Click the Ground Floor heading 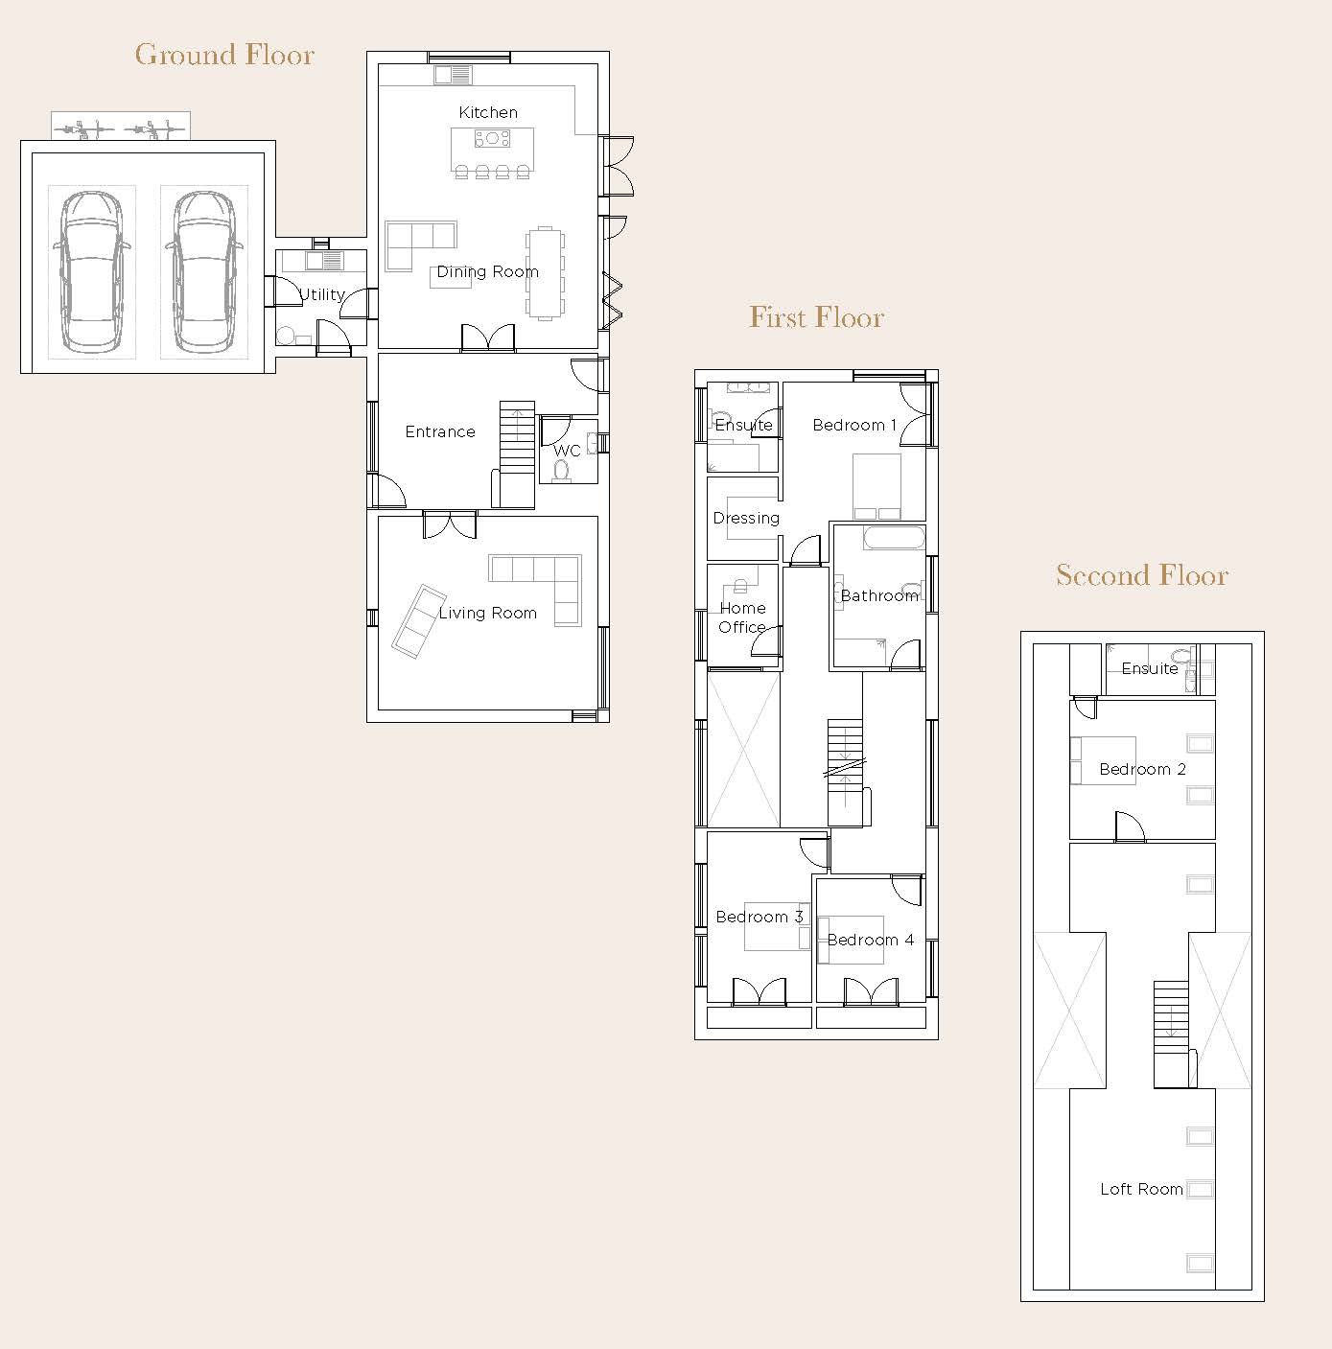pyautogui.click(x=224, y=55)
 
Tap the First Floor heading pyautogui.click(x=817, y=317)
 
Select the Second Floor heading pyautogui.click(x=1142, y=575)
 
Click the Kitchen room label pyautogui.click(x=488, y=112)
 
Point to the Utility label pyautogui.click(x=322, y=294)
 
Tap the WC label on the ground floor pyautogui.click(x=567, y=451)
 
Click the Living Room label pyautogui.click(x=487, y=614)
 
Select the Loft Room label pyautogui.click(x=1141, y=1190)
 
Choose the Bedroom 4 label pyautogui.click(x=871, y=941)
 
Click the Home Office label pyautogui.click(x=742, y=617)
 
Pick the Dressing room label pyautogui.click(x=746, y=518)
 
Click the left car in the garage pyautogui.click(x=91, y=271)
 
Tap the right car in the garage pyautogui.click(x=204, y=271)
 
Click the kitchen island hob pyautogui.click(x=492, y=139)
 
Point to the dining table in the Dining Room pyautogui.click(x=546, y=273)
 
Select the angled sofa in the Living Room pyautogui.click(x=419, y=621)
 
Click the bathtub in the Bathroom pyautogui.click(x=895, y=538)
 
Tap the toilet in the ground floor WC pyautogui.click(x=562, y=471)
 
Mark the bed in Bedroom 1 pyautogui.click(x=876, y=486)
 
